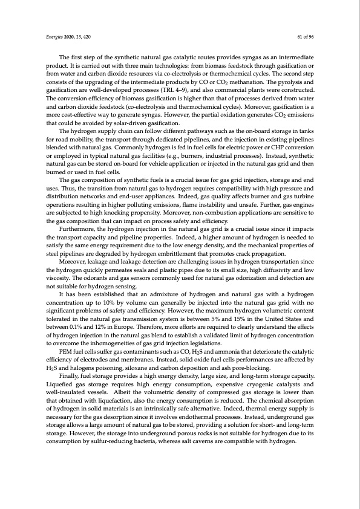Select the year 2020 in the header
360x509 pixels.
coord(71,36)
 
